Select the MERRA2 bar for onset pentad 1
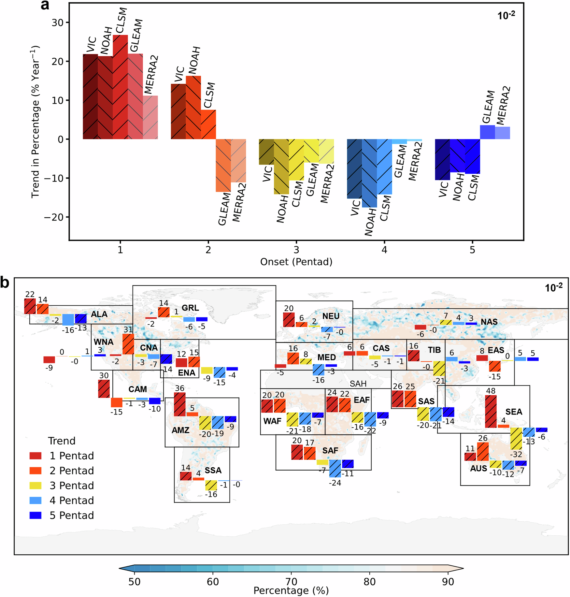pos(150,117)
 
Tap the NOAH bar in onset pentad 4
pos(369,173)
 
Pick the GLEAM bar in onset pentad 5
pos(487,132)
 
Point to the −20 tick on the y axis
pos(54,217)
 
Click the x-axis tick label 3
pos(296,250)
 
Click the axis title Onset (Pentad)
pos(296,262)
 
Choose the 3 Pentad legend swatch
pos(36,485)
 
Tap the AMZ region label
pos(180,430)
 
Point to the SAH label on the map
pos(358,384)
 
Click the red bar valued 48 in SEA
pos(491,411)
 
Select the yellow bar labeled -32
pos(516,438)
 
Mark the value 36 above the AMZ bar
pos(179,388)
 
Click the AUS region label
pos(478,469)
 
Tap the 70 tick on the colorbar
pos(291,582)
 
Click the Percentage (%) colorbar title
pos(291,590)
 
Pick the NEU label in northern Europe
pos(331,316)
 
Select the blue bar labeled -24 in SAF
pos(335,468)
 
